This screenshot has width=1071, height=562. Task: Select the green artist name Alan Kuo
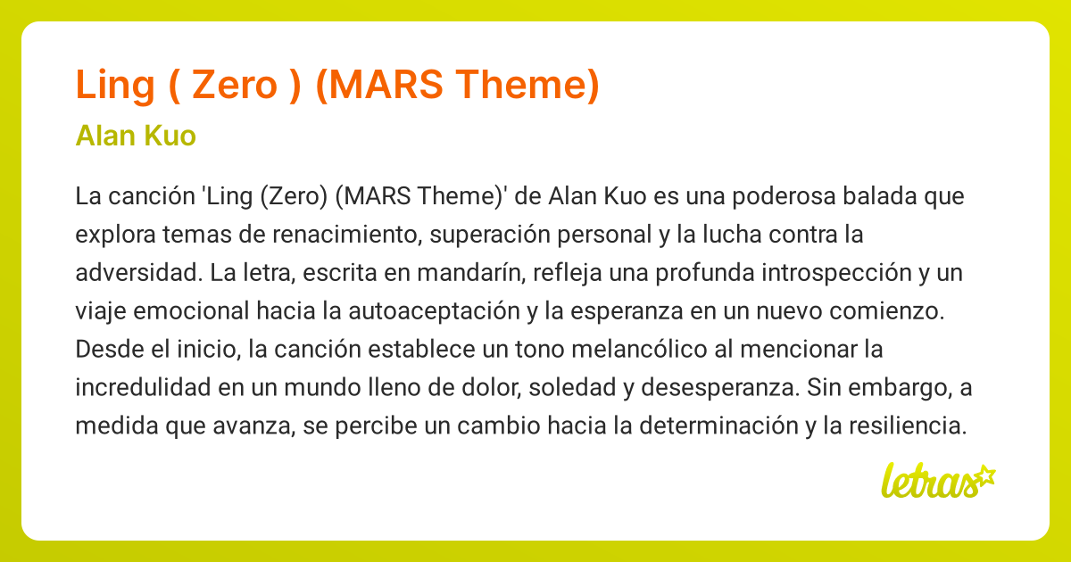[137, 136]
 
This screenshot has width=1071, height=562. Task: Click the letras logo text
[927, 483]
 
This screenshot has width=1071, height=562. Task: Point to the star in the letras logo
[984, 475]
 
